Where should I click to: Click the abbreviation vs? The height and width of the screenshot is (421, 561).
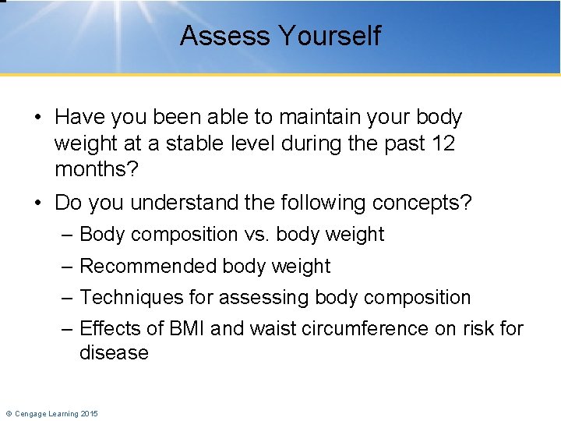(x=257, y=235)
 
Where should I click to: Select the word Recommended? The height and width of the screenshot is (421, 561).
(x=148, y=267)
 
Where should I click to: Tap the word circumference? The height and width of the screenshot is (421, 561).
(x=355, y=329)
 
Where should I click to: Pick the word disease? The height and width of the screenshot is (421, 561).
(x=114, y=353)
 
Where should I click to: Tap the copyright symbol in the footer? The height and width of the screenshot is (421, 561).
(x=8, y=413)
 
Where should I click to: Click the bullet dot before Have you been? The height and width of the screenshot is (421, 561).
(x=37, y=119)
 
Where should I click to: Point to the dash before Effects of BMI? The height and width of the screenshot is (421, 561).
(x=68, y=329)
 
